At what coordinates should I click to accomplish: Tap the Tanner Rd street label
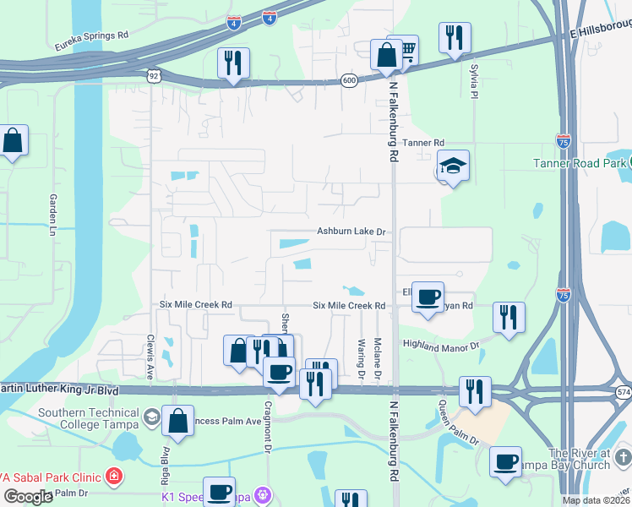(422, 144)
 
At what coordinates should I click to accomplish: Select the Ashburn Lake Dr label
(351, 231)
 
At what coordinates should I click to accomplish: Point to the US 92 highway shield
(153, 76)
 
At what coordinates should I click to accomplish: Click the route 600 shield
(349, 79)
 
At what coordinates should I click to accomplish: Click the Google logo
(28, 497)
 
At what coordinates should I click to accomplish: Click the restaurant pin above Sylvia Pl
(455, 36)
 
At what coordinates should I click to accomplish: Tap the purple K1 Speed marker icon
(264, 493)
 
